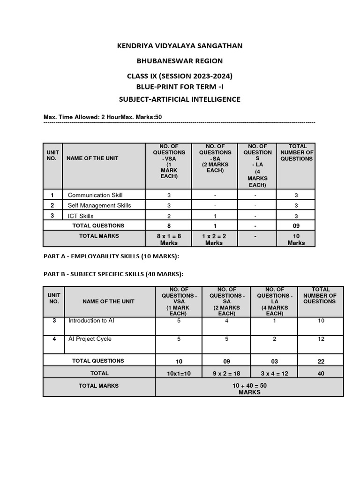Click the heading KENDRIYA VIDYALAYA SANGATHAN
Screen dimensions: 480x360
coord(180,45)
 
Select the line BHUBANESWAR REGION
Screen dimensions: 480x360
coord(180,61)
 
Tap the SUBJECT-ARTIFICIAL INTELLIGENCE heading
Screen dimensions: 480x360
coord(180,99)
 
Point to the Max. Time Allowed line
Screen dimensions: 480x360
coord(103,116)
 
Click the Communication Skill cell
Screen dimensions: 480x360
coord(95,195)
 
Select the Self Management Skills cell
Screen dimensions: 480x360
coord(99,205)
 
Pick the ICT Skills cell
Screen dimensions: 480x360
coord(81,216)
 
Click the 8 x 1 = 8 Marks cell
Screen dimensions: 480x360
coord(169,239)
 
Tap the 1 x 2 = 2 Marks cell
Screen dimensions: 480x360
coord(214,239)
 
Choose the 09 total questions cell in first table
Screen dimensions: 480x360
coord(296,225)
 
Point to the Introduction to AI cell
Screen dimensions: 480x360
coord(91,321)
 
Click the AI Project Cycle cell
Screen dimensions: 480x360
coord(90,339)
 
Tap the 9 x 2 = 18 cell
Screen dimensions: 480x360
coord(227,373)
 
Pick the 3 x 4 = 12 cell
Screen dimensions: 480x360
coord(275,373)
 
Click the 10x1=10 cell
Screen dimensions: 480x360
coord(179,373)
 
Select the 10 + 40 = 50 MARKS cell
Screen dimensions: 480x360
coord(249,389)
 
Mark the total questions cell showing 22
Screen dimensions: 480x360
coord(321,361)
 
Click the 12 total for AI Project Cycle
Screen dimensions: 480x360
coord(321,339)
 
